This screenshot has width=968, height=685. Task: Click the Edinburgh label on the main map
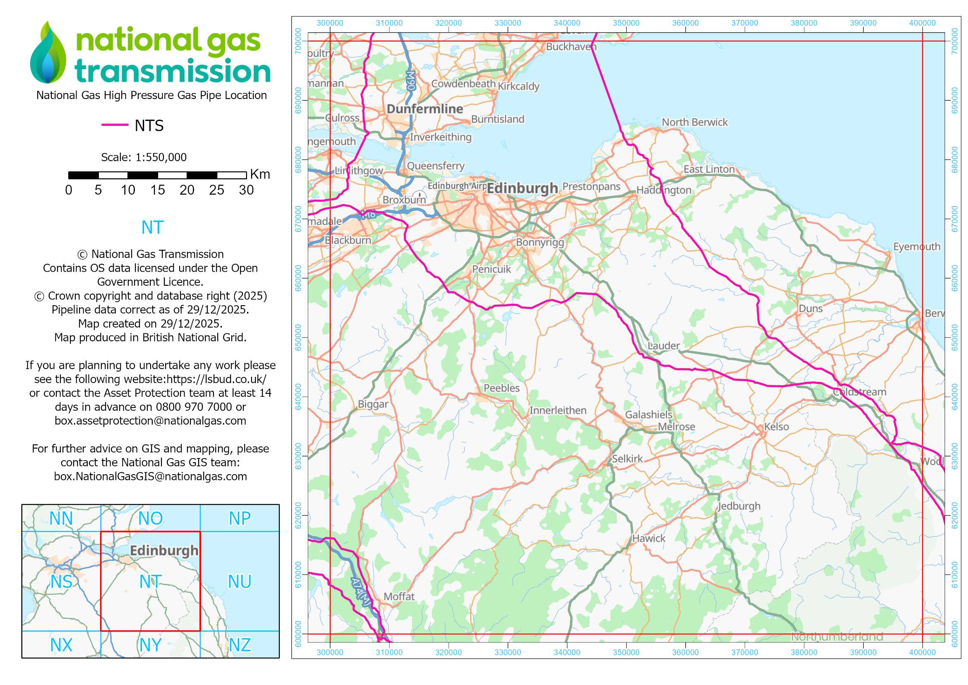(522, 188)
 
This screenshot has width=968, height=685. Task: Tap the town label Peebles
(501, 388)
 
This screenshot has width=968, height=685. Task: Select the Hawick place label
(649, 538)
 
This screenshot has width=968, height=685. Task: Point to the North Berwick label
(694, 122)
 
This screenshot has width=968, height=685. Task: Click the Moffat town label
(399, 596)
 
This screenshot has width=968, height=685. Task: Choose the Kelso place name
(776, 427)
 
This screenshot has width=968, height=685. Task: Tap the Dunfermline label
(425, 109)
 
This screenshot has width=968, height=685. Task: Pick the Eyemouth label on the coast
(917, 247)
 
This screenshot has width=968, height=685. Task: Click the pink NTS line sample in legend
(115, 125)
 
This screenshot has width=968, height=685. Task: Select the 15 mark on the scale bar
(157, 190)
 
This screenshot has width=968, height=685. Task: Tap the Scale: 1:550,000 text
(144, 157)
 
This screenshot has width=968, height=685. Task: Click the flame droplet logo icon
(48, 53)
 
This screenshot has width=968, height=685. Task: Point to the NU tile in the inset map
(240, 581)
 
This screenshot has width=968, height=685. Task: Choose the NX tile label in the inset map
(61, 645)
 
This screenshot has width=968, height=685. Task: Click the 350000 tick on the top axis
(626, 23)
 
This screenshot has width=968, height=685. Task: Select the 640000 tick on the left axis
(298, 396)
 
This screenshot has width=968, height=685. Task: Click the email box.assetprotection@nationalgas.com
(150, 420)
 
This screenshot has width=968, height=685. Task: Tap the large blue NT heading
(152, 227)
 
